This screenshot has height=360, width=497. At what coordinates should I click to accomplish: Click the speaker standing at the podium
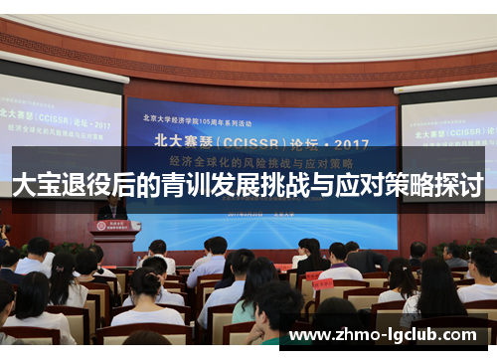(112, 208)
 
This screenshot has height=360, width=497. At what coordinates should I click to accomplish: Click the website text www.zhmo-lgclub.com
(387, 335)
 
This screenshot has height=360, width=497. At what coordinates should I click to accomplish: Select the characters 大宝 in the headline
(36, 185)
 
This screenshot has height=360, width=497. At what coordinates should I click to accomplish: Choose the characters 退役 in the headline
(87, 185)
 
